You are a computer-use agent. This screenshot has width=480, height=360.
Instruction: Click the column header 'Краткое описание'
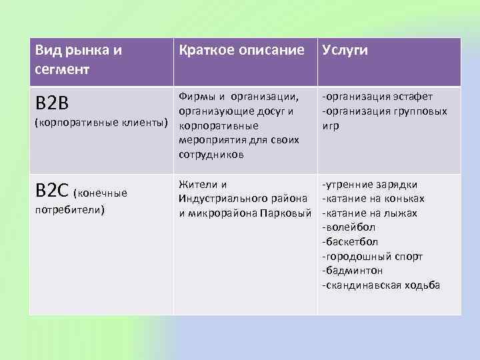pos(239,51)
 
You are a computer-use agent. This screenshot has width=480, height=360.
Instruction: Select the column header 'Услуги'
pos(345,51)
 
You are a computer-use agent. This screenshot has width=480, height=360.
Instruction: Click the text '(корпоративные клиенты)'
pos(101,123)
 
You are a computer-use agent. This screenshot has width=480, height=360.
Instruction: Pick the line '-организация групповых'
pos(383,111)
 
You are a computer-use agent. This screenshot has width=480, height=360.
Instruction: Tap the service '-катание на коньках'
pos(373,199)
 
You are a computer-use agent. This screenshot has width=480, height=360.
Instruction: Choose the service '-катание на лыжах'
pos(369,213)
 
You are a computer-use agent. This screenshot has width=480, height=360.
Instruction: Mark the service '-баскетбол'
pos(350,242)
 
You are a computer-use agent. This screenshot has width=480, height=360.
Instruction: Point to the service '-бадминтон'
pos(352,271)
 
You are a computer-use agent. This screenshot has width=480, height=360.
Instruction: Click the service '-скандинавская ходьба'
pos(381,285)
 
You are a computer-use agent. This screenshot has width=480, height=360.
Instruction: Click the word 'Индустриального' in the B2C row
pos(221,199)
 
